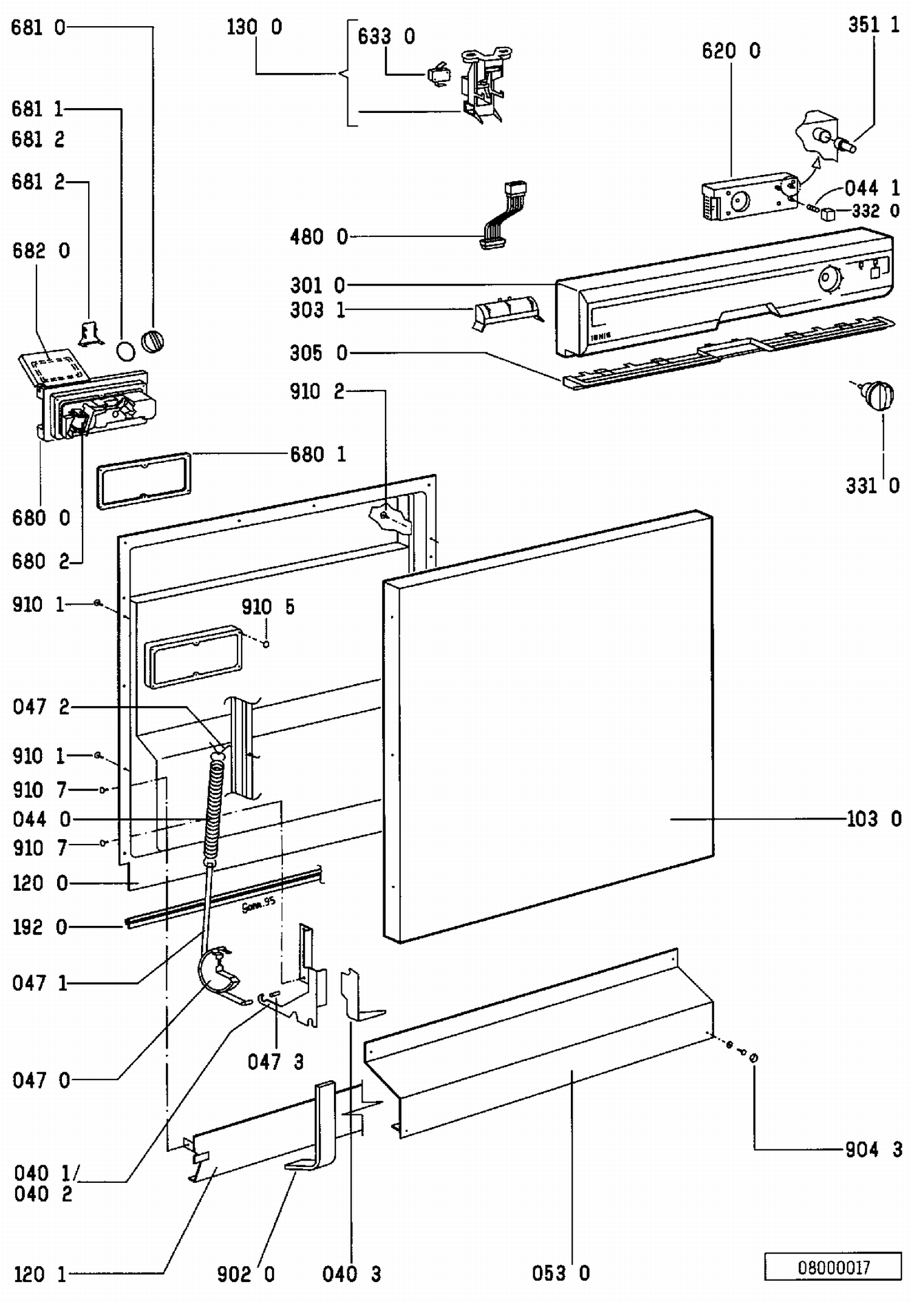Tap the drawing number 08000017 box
tap(833, 1267)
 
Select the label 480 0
tap(319, 236)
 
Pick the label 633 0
tap(386, 37)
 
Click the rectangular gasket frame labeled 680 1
tap(144, 479)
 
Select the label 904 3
tap(873, 1149)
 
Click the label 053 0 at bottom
tap(561, 1273)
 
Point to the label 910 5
tap(268, 607)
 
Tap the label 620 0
tap(731, 51)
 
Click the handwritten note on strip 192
tap(259, 904)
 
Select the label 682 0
tap(41, 250)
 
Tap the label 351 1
tap(873, 25)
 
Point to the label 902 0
tap(246, 1273)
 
